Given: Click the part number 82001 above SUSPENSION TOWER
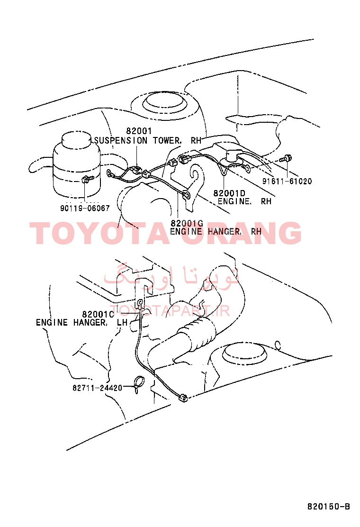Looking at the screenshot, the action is [139, 131].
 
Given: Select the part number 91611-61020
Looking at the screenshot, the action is [287, 181].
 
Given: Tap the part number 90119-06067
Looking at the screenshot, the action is [85, 208].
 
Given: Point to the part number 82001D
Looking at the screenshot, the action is [229, 193].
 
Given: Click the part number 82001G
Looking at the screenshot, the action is [187, 223].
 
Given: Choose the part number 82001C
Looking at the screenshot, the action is [98, 314].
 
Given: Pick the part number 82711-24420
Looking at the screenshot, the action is [98, 388].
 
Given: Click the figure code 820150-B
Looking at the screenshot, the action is [329, 506].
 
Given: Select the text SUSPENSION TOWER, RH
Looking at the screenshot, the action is [148, 140].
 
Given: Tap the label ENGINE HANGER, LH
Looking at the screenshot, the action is [81, 322].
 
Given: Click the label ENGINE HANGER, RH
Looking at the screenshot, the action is [216, 231].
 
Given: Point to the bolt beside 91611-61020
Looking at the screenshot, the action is [286, 158].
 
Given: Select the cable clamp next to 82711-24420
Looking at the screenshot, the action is [138, 384].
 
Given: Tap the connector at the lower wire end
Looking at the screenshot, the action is [183, 398].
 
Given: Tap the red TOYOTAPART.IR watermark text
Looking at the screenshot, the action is [170, 310].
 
